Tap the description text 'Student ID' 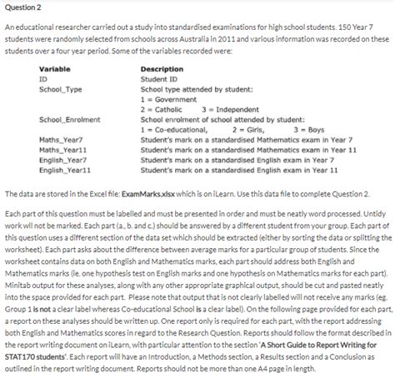click(159, 78)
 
